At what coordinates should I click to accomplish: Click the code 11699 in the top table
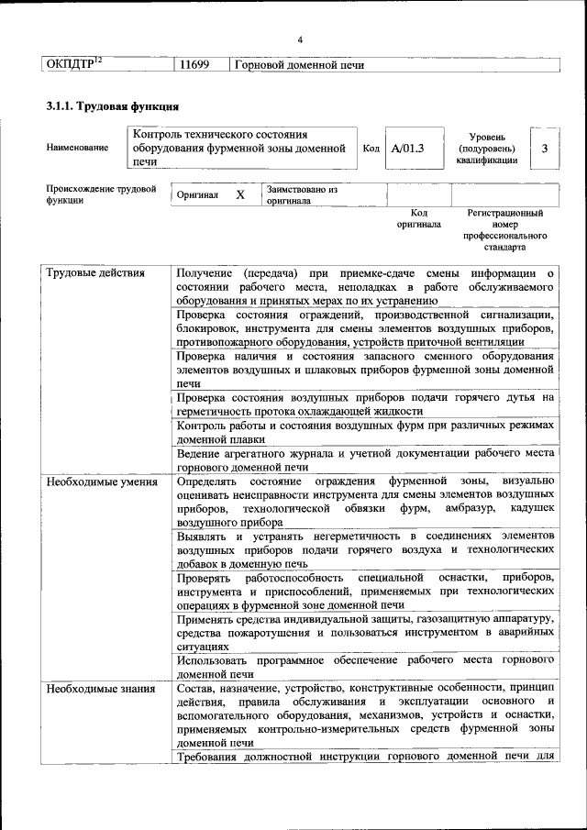tap(194, 65)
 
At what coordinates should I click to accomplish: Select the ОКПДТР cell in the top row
tap(73, 64)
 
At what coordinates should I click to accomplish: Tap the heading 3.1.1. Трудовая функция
tap(105, 107)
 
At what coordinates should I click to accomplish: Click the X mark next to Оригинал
tap(240, 195)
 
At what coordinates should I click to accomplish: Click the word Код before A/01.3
tap(371, 148)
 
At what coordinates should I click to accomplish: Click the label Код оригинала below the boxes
tap(418, 218)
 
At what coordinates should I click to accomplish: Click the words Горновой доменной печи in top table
tap(299, 65)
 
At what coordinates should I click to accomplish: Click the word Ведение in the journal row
tap(200, 452)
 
